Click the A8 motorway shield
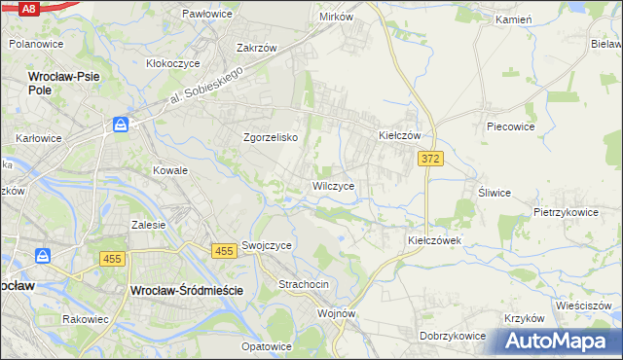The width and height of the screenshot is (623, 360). click(28, 8)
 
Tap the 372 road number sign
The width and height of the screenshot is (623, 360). click(429, 158)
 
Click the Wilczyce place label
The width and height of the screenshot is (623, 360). click(339, 185)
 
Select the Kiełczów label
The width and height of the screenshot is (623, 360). click(399, 136)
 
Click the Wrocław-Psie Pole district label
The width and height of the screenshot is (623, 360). click(67, 81)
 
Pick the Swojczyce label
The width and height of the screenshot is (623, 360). click(268, 246)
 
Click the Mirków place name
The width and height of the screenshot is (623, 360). click(336, 18)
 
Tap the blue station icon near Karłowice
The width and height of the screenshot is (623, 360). click(120, 125)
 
